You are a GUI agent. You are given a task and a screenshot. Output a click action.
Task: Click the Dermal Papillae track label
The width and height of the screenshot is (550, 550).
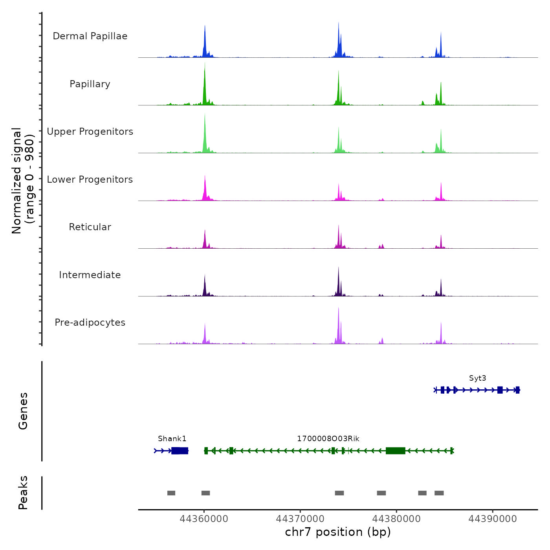pos(90,36)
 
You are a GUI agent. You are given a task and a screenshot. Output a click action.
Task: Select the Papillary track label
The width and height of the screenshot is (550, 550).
pos(90,84)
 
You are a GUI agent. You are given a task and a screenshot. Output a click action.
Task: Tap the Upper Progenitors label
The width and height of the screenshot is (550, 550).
pos(90,132)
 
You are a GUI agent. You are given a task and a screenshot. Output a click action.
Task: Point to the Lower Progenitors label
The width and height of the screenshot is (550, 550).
pos(90,180)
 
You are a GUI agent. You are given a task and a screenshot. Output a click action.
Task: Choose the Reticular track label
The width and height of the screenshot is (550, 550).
pos(90,227)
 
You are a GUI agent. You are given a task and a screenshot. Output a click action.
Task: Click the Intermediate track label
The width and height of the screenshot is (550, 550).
pos(90,275)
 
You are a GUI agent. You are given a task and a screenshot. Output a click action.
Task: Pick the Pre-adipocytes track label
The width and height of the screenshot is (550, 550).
pos(90,323)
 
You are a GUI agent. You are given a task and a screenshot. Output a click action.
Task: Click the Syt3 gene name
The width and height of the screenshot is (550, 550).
pos(477,378)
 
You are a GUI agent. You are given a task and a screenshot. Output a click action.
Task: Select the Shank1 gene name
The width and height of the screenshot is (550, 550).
pos(172,439)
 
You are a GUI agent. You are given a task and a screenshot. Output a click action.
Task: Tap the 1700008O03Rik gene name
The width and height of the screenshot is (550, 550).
pos(328,439)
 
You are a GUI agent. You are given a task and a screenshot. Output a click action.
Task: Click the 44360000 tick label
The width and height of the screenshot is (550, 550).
pos(204,519)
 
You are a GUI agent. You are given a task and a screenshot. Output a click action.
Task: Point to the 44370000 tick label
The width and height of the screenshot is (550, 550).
pos(300,519)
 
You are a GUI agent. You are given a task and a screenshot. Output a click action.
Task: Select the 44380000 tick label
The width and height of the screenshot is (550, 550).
pos(396,519)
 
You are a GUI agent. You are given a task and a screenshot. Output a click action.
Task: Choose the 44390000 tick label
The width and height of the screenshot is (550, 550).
pos(493,519)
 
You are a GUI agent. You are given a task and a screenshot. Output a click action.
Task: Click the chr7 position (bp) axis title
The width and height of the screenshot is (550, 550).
pos(338,532)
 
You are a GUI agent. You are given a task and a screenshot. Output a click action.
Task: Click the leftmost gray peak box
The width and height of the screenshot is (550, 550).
pos(171,493)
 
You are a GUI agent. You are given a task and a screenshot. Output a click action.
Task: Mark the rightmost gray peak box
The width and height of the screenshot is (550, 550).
pos(439,493)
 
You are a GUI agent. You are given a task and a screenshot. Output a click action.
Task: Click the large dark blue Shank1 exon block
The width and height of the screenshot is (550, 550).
pos(180,451)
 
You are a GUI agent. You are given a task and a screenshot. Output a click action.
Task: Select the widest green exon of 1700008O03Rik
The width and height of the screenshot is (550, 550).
pos(395,451)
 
